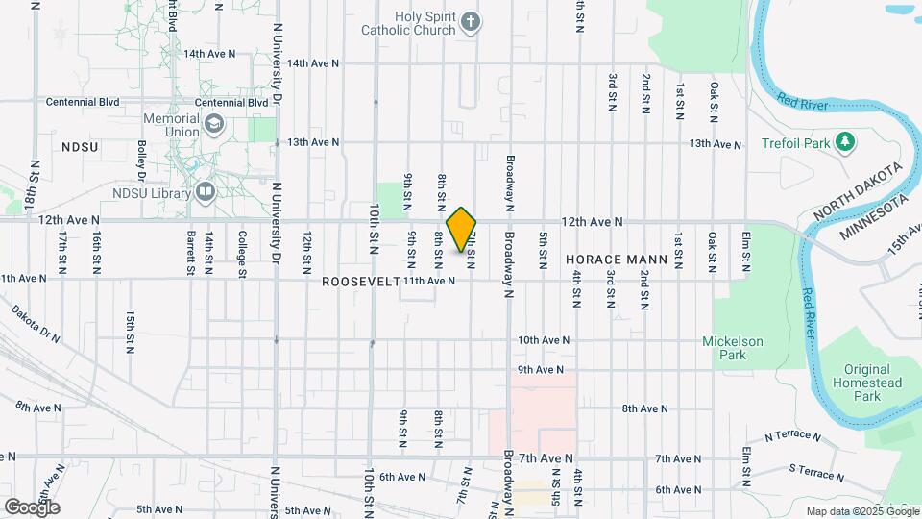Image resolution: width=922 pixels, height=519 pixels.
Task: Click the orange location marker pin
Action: (462, 230)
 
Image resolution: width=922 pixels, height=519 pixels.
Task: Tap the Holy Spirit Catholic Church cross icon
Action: (471, 21)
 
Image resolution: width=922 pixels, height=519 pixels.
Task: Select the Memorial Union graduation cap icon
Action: (212, 124)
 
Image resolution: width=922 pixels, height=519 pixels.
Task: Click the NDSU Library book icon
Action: (205, 192)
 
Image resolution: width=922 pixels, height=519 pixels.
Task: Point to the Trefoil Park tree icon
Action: (844, 142)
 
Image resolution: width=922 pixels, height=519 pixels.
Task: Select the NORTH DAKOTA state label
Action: (858, 190)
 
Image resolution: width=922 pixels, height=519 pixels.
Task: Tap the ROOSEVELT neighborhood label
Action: (360, 282)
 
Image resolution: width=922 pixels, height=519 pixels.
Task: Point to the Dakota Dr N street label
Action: (36, 324)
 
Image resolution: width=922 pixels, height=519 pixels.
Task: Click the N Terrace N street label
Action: (792, 437)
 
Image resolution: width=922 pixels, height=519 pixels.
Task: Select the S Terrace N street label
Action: (816, 472)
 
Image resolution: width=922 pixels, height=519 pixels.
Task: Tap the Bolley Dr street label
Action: (141, 161)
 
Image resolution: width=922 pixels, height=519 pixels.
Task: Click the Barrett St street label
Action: (191, 253)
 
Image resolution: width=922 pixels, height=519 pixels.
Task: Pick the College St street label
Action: (242, 248)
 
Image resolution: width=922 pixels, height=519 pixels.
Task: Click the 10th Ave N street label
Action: (544, 340)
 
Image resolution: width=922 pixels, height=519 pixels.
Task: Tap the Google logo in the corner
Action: (32, 507)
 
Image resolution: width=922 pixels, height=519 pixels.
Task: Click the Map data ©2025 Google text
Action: (861, 511)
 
